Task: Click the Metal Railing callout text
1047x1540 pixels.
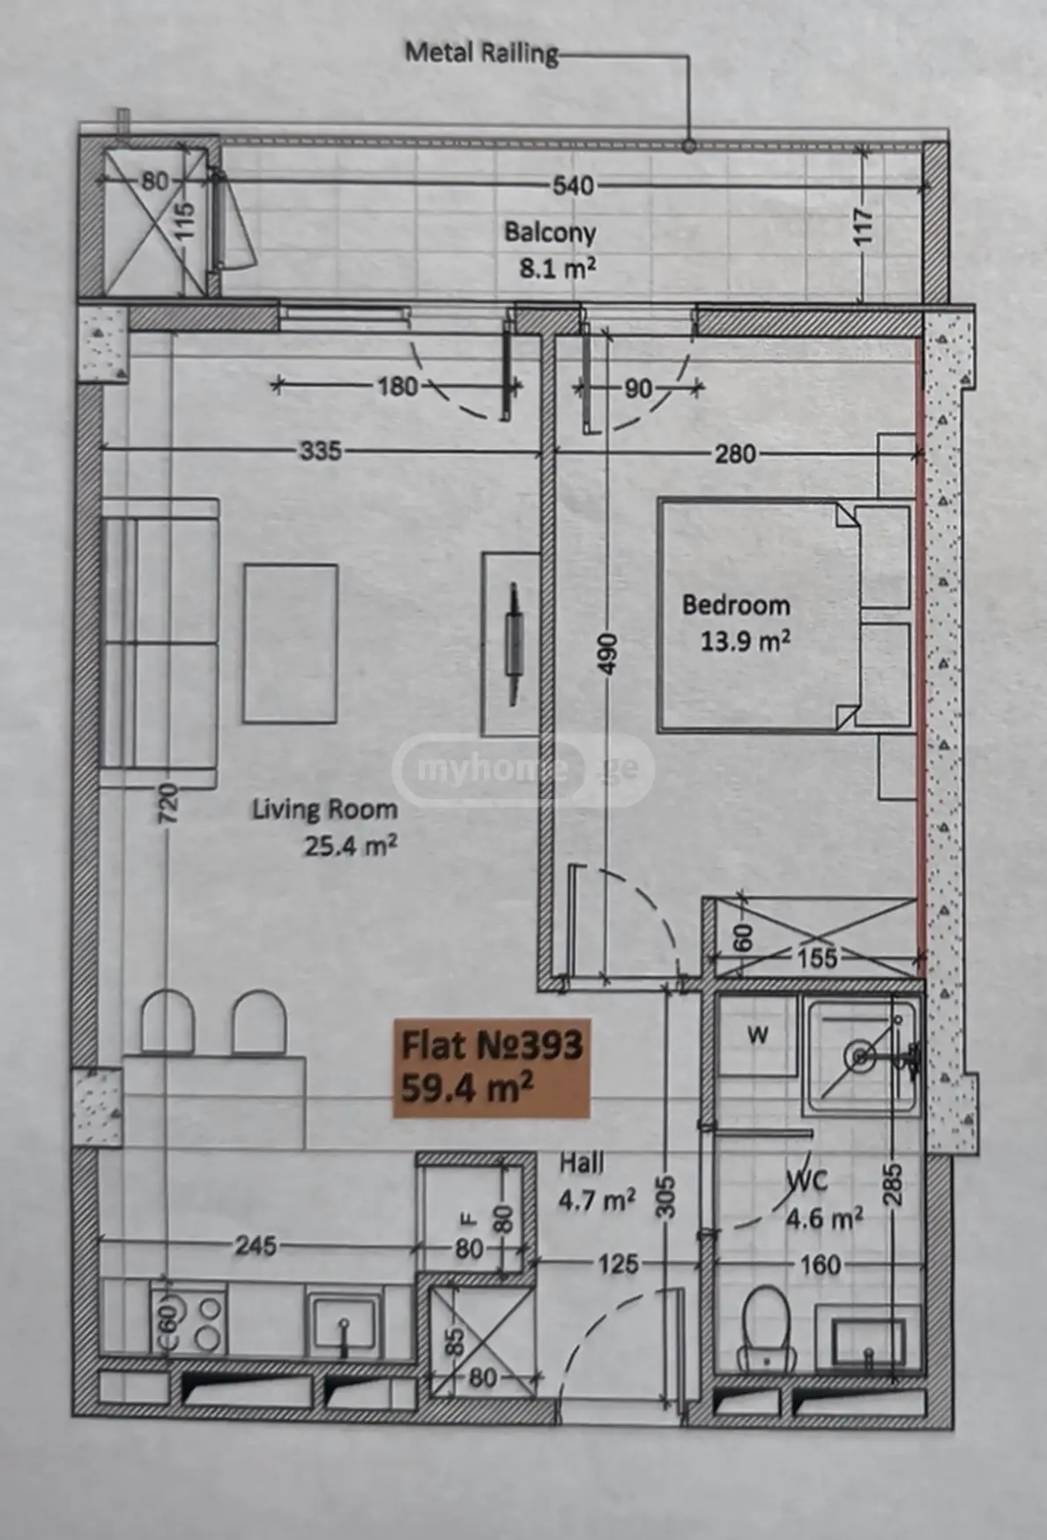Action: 481,53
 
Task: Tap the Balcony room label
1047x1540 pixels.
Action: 550,233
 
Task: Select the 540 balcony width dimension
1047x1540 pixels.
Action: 573,186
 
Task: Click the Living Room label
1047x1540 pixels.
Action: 324,810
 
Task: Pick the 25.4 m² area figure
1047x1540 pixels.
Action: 351,846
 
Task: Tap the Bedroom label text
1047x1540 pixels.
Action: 736,605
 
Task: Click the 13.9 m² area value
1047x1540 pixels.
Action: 745,640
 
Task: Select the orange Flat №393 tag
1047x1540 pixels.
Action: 491,1068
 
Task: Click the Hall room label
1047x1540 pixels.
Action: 582,1163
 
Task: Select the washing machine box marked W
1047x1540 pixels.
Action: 758,1035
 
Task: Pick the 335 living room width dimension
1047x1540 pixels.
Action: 320,450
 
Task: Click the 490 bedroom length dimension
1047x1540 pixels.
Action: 607,653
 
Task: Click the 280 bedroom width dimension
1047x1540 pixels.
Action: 735,454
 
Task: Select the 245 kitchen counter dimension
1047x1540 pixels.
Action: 256,1246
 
